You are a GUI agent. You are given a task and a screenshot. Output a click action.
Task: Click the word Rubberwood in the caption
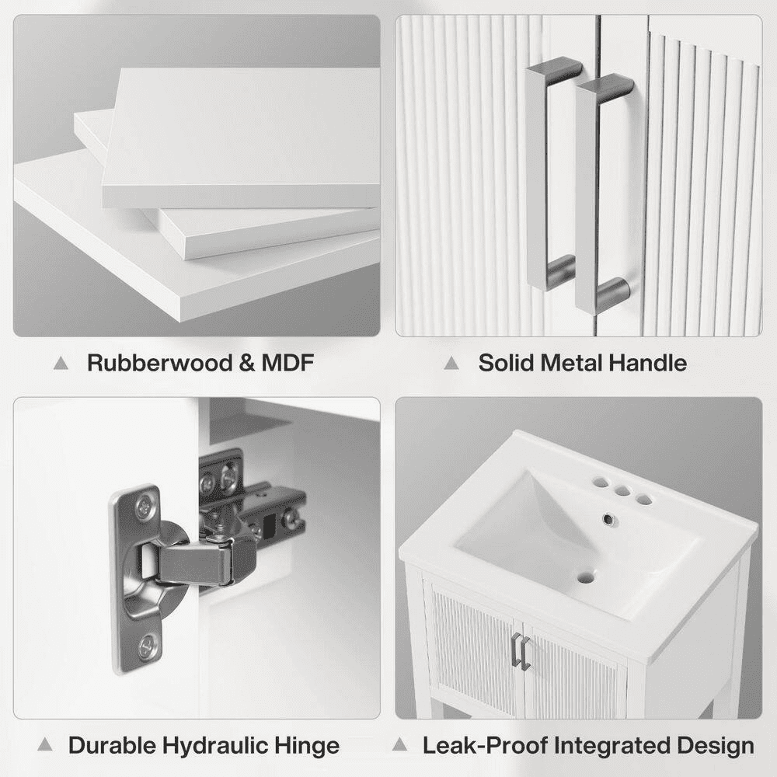[x=159, y=363]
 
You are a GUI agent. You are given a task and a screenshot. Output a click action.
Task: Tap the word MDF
[x=287, y=363]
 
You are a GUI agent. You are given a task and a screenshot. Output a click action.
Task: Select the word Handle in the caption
[x=647, y=363]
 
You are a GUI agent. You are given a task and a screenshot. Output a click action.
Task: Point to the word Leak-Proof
[x=485, y=745]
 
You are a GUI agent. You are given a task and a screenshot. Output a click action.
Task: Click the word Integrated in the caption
[x=612, y=745]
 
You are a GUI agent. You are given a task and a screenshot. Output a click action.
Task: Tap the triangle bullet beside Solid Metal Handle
[x=451, y=363]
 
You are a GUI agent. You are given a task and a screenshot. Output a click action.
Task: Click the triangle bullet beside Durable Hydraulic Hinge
[x=45, y=744]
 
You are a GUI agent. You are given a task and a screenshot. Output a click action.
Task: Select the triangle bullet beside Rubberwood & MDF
[x=61, y=363]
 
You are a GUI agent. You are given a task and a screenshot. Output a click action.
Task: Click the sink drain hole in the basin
[x=586, y=578]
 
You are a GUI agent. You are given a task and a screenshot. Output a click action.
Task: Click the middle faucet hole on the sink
[x=623, y=491]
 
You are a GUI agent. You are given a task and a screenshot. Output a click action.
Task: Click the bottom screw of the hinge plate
[x=148, y=646]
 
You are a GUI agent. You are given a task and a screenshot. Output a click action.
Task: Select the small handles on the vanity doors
[x=521, y=650]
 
